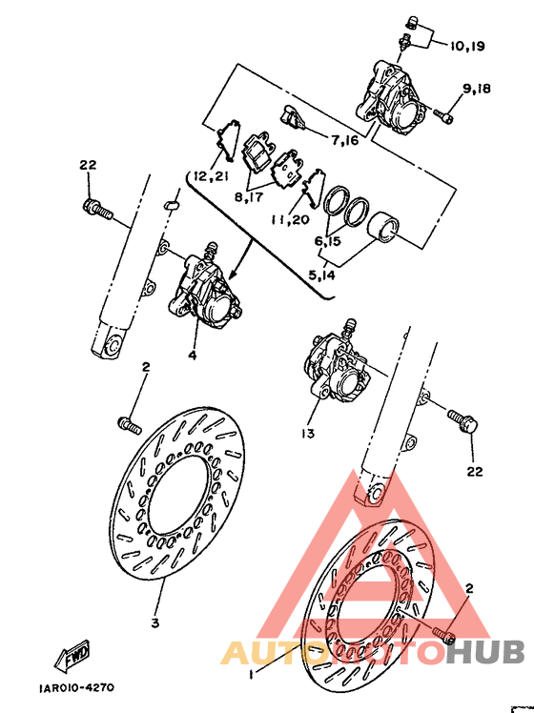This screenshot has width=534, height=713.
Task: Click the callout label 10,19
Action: click(463, 46)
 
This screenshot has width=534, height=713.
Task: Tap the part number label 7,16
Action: click(344, 141)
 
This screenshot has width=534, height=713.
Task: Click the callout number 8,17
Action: click(249, 196)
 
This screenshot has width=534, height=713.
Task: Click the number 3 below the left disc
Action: click(154, 623)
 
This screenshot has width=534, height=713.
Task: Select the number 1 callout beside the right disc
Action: click(250, 675)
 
